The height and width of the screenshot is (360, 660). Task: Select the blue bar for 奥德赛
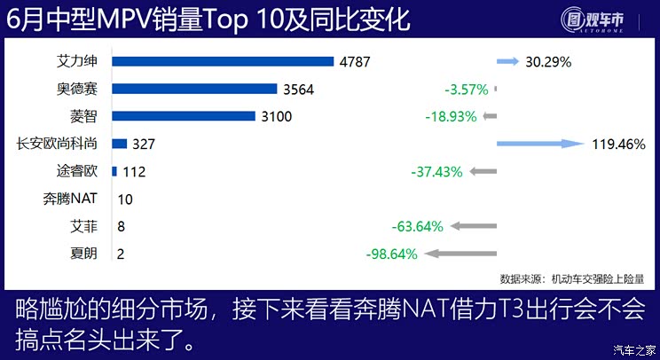click(x=195, y=89)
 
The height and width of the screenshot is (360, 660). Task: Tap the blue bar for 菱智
click(x=184, y=116)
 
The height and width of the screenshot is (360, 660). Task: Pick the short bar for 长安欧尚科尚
click(x=120, y=144)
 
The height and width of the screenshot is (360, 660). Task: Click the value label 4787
click(x=354, y=62)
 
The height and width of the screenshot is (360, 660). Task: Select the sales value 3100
click(x=275, y=117)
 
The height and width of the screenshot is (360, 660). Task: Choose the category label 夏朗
click(x=84, y=254)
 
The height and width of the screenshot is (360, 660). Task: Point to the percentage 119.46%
click(x=618, y=144)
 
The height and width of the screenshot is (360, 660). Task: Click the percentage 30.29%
click(x=547, y=62)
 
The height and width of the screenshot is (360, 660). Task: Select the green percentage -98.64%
click(x=391, y=254)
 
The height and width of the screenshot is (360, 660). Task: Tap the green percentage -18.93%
click(x=451, y=116)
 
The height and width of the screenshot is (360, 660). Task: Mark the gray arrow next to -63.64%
click(x=472, y=226)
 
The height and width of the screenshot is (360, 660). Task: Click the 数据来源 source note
click(x=577, y=278)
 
